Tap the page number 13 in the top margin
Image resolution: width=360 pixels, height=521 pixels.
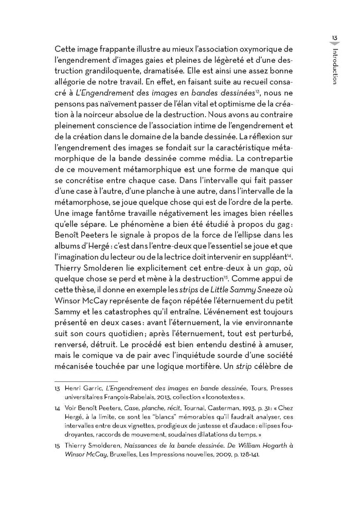(x=334, y=38)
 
